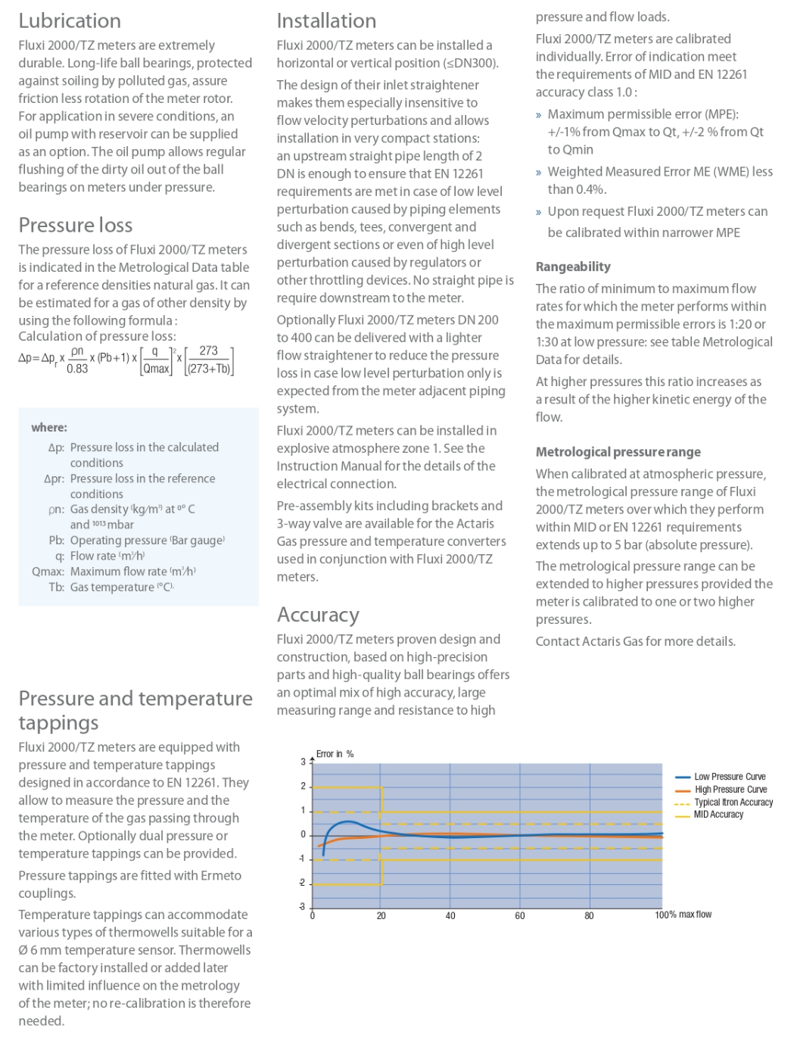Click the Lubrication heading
(x=70, y=21)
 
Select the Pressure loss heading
(x=76, y=226)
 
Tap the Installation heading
(x=326, y=21)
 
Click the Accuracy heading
(x=318, y=615)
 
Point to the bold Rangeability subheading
(x=573, y=267)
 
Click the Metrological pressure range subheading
(x=618, y=452)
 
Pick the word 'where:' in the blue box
(x=49, y=428)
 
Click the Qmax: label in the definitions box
(x=48, y=572)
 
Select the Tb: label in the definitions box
(x=56, y=588)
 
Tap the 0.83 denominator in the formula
(x=77, y=369)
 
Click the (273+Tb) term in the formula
(x=209, y=369)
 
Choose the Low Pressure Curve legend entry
(x=730, y=777)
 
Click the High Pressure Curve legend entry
(x=730, y=790)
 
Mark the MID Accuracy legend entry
(x=718, y=815)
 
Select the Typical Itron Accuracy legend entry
(x=733, y=803)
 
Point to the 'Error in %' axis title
(x=335, y=754)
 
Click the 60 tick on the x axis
(x=520, y=916)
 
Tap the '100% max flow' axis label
(x=683, y=915)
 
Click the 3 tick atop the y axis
(x=303, y=762)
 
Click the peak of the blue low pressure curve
(x=347, y=821)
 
